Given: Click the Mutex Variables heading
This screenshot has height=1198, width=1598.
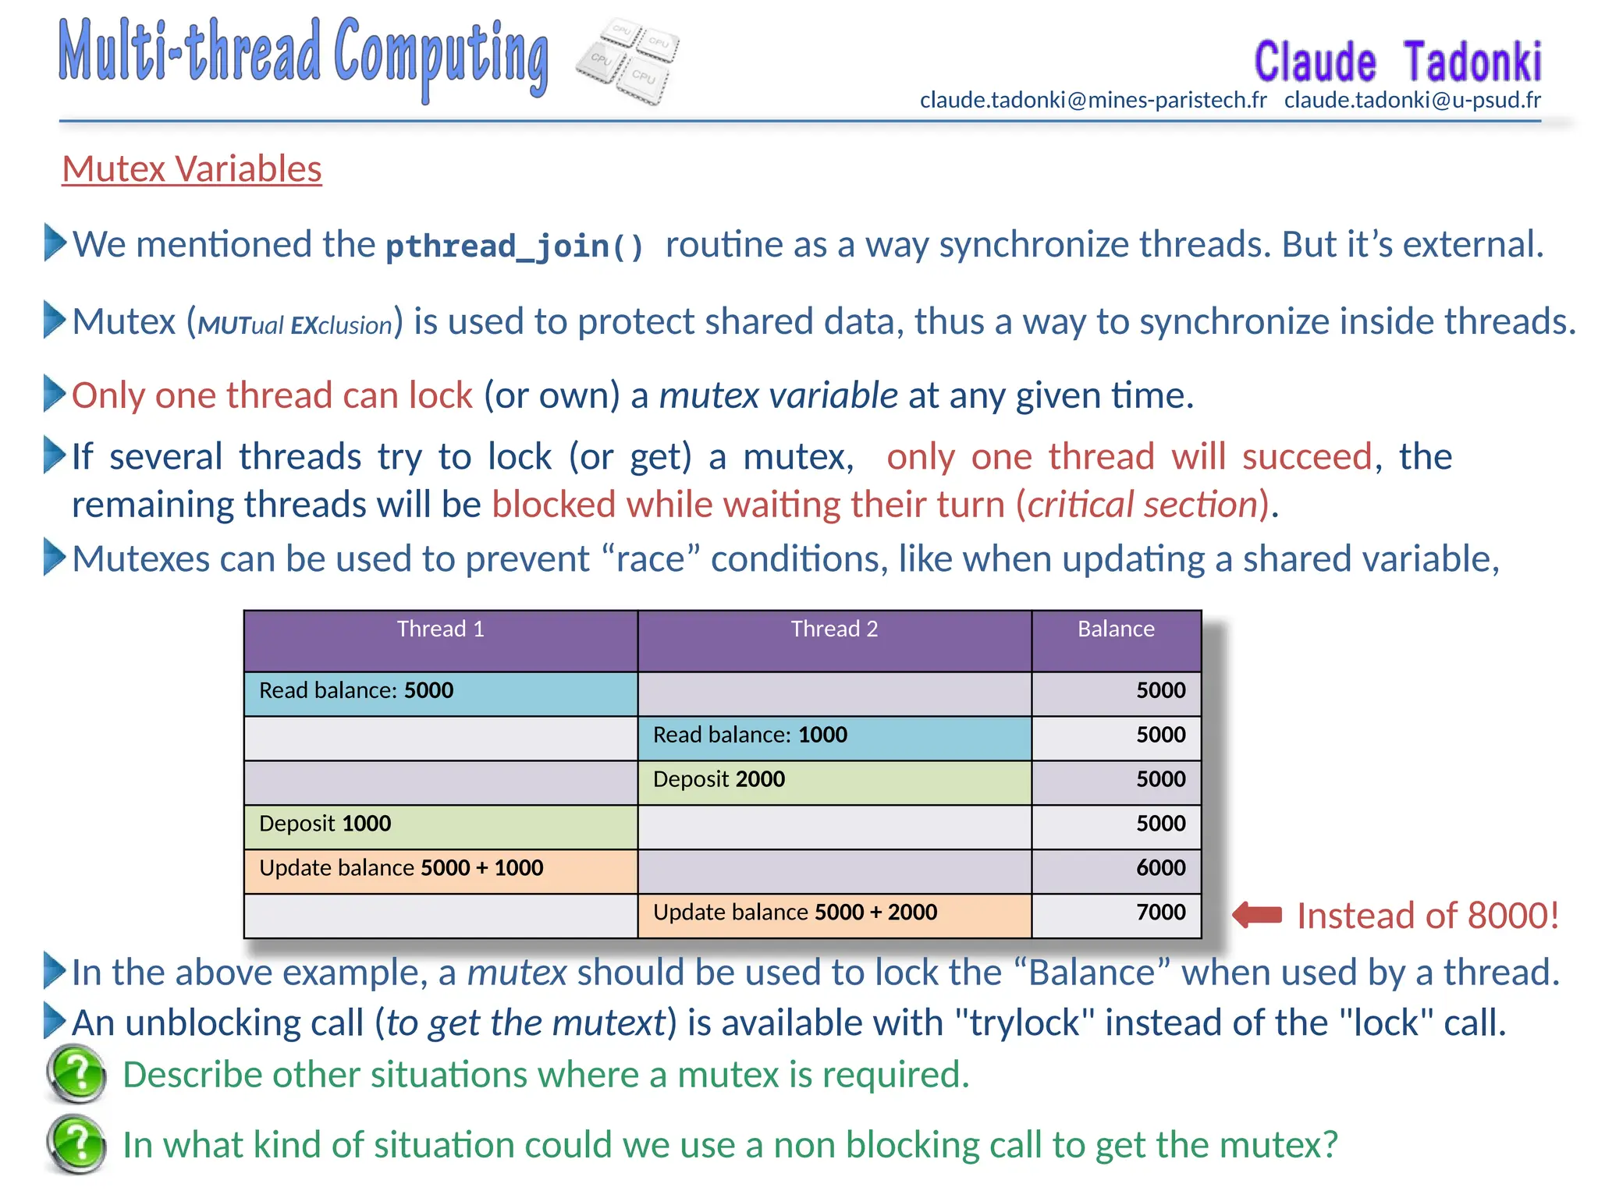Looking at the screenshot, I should [x=191, y=169].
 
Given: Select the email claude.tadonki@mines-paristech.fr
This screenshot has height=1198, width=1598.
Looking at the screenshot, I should [x=1092, y=100].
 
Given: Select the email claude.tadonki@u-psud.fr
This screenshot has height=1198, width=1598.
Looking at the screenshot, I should [x=1412, y=100].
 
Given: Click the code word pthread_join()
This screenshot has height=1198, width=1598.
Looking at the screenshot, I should [x=514, y=246].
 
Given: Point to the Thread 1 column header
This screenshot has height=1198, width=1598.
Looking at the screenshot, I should [x=440, y=629].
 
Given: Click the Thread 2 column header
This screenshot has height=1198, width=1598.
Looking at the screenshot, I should [x=834, y=629].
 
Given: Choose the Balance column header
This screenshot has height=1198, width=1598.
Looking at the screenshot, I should [x=1115, y=629].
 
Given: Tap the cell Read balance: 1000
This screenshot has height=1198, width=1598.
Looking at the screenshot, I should [x=749, y=735].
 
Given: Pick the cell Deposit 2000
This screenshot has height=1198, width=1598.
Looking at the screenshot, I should [x=719, y=779].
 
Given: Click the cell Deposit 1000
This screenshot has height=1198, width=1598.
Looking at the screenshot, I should [x=325, y=824].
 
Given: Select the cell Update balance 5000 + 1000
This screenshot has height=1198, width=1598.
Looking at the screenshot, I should [x=400, y=868].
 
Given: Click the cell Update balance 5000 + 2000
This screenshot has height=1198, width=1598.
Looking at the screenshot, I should [x=794, y=913].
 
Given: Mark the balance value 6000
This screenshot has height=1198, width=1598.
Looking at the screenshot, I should [x=1159, y=868].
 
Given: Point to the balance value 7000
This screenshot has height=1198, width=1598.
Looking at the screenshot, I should [x=1159, y=913].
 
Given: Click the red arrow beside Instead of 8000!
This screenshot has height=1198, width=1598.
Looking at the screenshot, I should [x=1257, y=915].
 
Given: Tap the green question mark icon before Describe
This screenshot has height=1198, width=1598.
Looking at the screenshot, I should [x=76, y=1074].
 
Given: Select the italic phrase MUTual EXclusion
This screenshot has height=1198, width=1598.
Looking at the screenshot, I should [x=294, y=324].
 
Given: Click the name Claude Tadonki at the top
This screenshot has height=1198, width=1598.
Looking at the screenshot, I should [x=1397, y=62].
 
